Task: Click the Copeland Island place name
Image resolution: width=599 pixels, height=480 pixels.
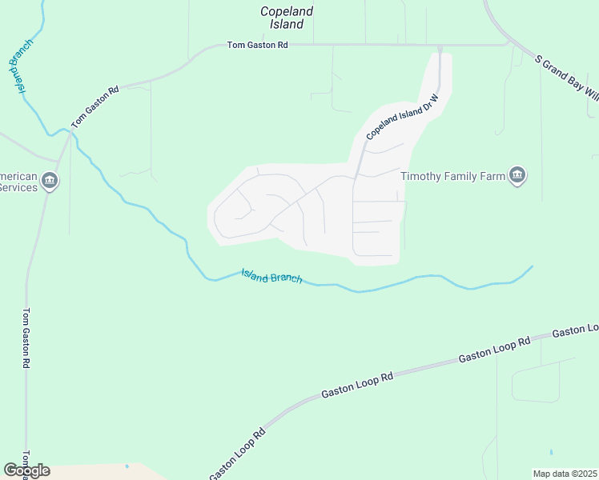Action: tap(287, 18)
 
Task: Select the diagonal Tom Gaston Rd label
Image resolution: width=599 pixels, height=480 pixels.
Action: tap(94, 107)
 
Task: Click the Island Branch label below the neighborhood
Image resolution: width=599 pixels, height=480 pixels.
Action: tap(271, 276)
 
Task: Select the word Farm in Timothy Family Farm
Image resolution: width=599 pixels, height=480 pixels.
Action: tap(488, 175)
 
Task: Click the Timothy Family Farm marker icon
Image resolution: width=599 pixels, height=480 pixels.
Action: tap(517, 175)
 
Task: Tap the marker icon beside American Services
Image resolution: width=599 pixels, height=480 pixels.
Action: tap(50, 182)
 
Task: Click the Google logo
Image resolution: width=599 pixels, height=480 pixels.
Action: tap(26, 470)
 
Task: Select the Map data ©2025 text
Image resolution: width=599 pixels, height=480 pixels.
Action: tap(565, 473)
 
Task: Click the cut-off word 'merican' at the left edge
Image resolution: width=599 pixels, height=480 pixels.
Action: tap(18, 176)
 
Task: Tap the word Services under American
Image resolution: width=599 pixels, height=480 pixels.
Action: tap(18, 187)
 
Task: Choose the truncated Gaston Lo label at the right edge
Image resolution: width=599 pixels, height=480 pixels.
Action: tap(575, 330)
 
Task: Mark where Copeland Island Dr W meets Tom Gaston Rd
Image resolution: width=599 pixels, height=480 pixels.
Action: tap(440, 46)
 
